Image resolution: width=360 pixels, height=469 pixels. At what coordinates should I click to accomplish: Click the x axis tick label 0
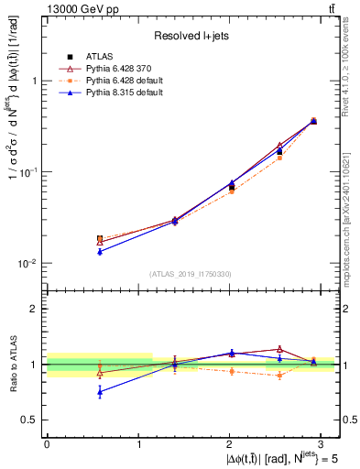[47, 443]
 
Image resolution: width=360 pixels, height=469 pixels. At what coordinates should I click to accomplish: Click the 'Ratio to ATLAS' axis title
[14, 365]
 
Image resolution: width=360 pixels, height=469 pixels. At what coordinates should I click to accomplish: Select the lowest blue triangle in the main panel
[100, 251]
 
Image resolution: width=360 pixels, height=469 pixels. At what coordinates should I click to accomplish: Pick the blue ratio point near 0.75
[100, 392]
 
